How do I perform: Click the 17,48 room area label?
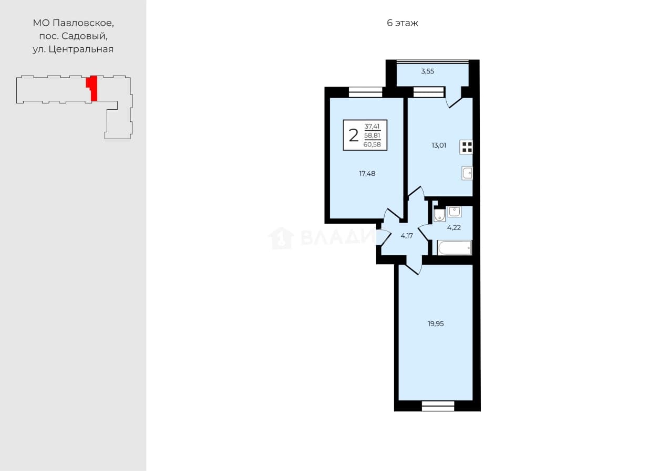367,173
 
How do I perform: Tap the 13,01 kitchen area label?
439,145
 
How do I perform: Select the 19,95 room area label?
436,323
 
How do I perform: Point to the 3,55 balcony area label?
427,71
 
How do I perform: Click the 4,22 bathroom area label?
454,227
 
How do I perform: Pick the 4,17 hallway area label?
407,236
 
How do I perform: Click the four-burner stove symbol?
466,147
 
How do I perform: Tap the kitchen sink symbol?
467,173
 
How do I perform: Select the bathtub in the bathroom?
455,247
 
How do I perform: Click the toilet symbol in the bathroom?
439,215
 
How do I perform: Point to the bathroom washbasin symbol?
455,212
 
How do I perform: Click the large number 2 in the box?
354,135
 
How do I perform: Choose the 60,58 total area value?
372,144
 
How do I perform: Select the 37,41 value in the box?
372,127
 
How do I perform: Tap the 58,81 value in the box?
372,135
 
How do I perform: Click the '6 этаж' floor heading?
403,23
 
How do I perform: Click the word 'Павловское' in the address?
83,23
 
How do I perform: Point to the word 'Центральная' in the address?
81,49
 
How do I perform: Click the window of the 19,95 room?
438,406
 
